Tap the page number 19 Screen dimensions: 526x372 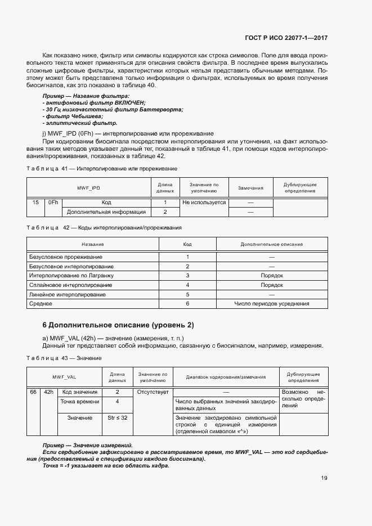click(x=324, y=479)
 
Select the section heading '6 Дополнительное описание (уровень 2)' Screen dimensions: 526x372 click(x=118, y=325)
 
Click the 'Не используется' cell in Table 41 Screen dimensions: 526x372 click(x=204, y=203)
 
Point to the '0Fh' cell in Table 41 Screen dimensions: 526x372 click(x=53, y=203)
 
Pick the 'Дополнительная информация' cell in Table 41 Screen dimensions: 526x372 click(x=106, y=212)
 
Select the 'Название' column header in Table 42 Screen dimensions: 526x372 click(x=92, y=244)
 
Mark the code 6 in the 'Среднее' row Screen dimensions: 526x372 click(x=187, y=304)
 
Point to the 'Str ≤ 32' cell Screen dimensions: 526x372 click(x=118, y=418)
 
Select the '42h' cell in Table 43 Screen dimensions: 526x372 click(x=48, y=392)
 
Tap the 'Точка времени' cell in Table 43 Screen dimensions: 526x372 click(x=80, y=402)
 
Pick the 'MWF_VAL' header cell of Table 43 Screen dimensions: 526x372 click(x=64, y=377)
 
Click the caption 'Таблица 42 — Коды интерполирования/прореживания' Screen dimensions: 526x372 click(x=104, y=227)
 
